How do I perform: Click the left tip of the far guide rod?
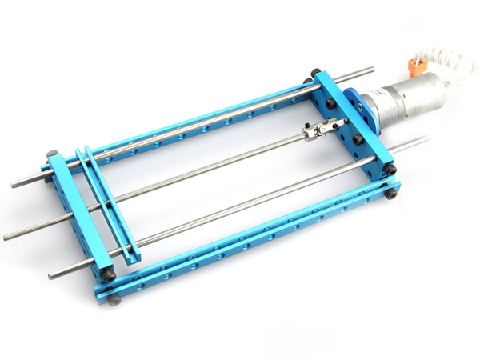pos(14,185)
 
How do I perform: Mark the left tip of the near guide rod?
pos(50,277)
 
